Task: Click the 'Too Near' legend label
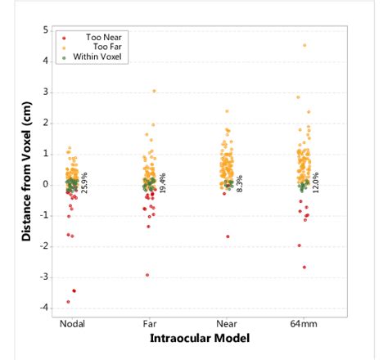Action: (x=100, y=37)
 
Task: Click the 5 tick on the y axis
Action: (x=45, y=29)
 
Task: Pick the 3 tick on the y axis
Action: (x=45, y=92)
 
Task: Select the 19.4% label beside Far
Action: (x=162, y=182)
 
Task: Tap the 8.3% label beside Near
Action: (x=239, y=183)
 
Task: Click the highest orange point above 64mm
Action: (x=305, y=45)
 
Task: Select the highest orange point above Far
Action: (x=153, y=91)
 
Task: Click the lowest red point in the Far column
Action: (x=147, y=275)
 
